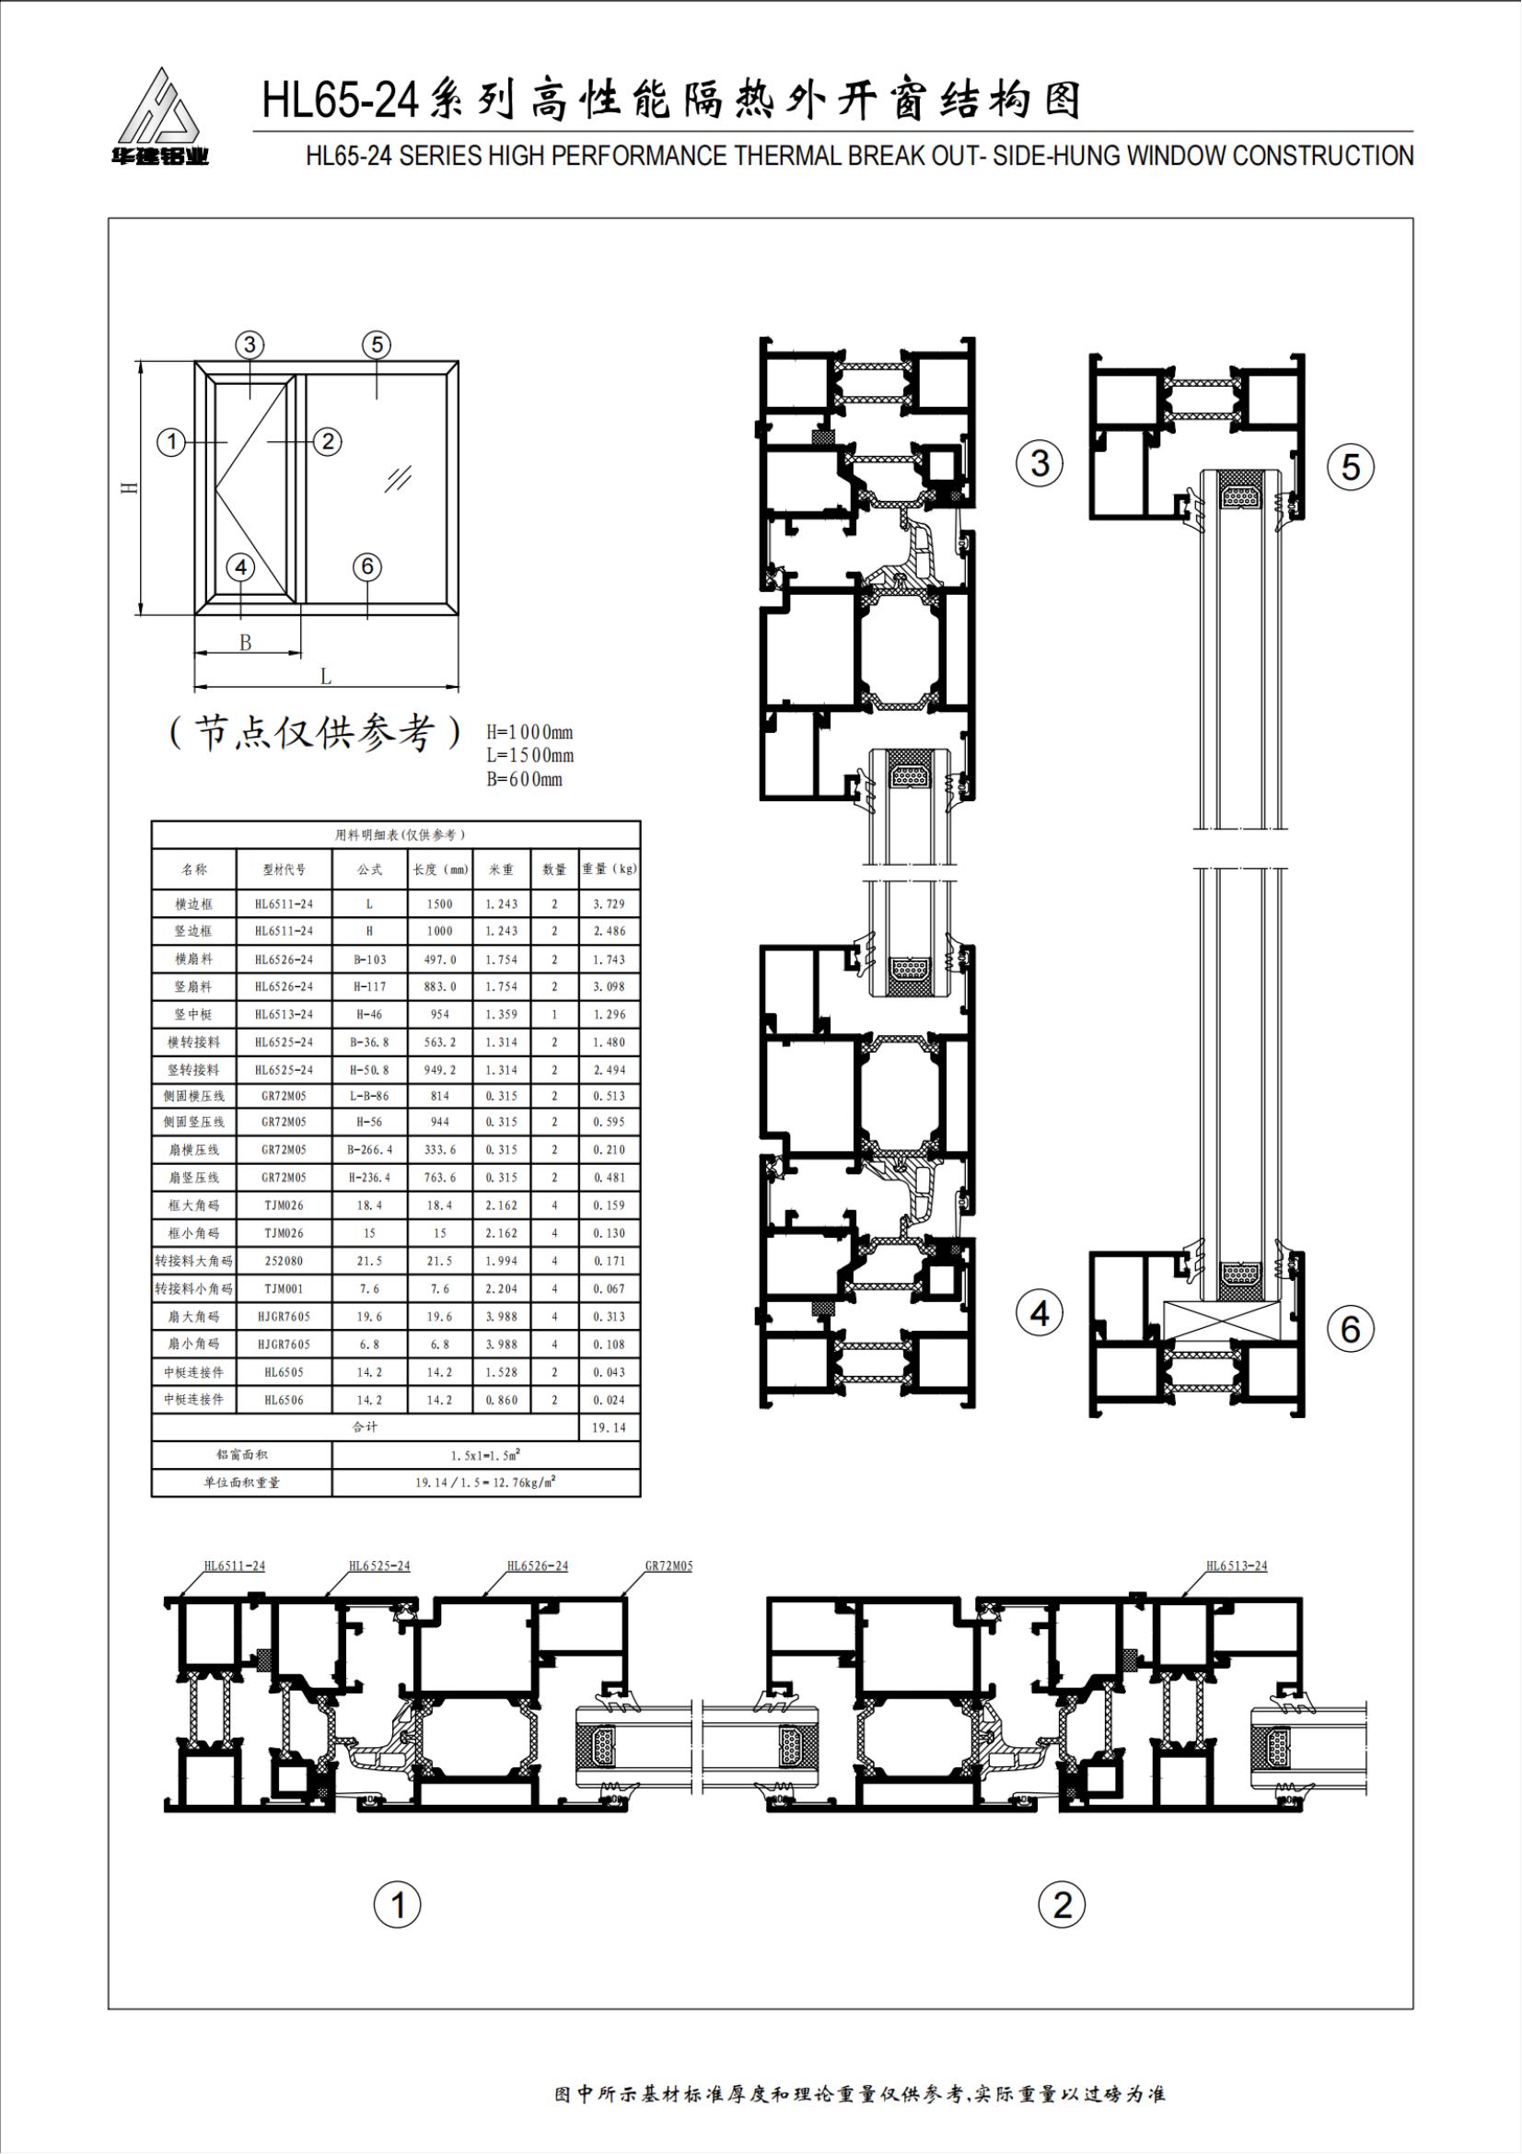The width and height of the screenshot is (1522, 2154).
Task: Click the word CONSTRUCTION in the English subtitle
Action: click(x=1323, y=156)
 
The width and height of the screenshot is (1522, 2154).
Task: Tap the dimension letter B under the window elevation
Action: click(x=246, y=643)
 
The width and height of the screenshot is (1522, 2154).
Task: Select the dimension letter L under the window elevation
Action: click(x=325, y=675)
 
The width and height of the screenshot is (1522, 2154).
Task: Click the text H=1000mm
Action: click(x=529, y=732)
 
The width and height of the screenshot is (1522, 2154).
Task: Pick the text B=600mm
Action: click(x=524, y=779)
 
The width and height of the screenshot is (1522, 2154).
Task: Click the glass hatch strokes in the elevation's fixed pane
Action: click(x=398, y=479)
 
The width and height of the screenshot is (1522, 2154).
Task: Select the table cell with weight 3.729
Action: click(x=609, y=903)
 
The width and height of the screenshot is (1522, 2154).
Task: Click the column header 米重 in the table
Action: click(x=502, y=869)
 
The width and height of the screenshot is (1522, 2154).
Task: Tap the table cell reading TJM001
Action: click(x=285, y=1289)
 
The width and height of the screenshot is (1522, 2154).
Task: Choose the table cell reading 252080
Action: click(x=285, y=1261)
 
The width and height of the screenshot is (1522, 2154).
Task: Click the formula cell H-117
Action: click(x=369, y=986)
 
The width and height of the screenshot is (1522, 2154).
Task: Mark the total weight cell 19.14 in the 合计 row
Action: click(x=609, y=1426)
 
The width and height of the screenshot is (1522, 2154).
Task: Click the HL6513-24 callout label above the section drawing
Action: click(x=1236, y=1566)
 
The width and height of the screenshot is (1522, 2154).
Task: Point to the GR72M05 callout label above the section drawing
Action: click(x=668, y=1566)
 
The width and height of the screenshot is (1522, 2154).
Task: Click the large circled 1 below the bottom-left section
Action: click(x=398, y=1905)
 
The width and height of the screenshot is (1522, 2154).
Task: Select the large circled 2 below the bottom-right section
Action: click(x=1063, y=1904)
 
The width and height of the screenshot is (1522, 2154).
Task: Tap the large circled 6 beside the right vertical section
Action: click(x=1351, y=1329)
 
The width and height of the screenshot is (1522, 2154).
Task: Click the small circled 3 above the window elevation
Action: click(x=250, y=344)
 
